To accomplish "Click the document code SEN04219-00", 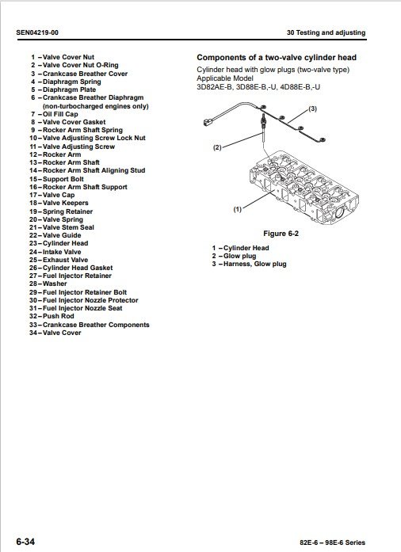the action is [37, 32].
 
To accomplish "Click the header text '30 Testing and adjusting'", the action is [326, 32].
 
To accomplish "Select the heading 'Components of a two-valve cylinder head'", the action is [277, 57].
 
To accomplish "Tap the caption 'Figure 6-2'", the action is [281, 234].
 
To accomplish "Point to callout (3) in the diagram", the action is [312, 108].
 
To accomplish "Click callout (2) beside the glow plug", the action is [217, 147].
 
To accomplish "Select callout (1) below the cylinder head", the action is [238, 209].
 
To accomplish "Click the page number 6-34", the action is [25, 541].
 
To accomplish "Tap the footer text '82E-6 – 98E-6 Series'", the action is [332, 542].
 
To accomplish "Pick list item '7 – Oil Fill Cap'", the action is [54, 114].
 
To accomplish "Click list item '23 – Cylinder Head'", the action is [59, 243].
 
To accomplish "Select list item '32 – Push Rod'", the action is [52, 316].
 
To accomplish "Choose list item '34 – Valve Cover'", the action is [55, 333].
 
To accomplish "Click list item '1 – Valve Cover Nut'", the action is [63, 57].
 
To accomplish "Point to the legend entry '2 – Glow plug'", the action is [234, 256].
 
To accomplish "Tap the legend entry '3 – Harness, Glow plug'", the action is [249, 264].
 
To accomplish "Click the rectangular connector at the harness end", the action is [208, 123].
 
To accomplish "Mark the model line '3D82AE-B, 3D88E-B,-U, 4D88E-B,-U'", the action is [258, 87].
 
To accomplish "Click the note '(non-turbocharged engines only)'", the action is [95, 106].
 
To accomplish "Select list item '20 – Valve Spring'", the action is [56, 219].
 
